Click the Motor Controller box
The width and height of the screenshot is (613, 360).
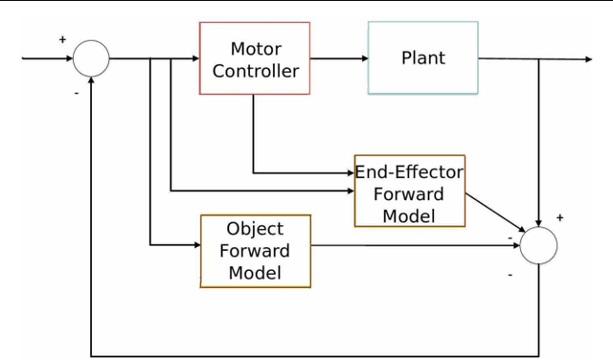pos(255,58)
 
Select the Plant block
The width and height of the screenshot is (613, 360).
pos(422,58)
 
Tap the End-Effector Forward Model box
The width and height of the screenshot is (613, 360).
pos(409,191)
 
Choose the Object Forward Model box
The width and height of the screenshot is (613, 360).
pos(256,251)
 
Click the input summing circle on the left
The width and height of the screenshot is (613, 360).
pos(92,58)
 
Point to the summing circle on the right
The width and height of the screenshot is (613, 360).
pos(538,245)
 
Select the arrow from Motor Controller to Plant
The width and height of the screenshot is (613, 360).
pos(339,58)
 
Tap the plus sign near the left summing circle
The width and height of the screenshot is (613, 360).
pos(63,40)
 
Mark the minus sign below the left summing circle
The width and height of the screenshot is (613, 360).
pos(76,94)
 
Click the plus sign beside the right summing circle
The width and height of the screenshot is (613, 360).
pos(559,217)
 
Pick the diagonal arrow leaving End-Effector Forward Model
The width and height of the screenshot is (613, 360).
pos(494,213)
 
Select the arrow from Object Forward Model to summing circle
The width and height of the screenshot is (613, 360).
pos(412,245)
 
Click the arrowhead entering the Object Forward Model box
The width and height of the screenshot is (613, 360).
pos(194,245)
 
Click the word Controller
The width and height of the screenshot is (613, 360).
pos(256,71)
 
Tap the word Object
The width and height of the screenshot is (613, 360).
pos(255,229)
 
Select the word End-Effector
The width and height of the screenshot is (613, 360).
pos(409,172)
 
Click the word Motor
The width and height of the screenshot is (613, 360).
pos(256,48)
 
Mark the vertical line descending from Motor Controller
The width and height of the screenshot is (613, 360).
pos(254,134)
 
